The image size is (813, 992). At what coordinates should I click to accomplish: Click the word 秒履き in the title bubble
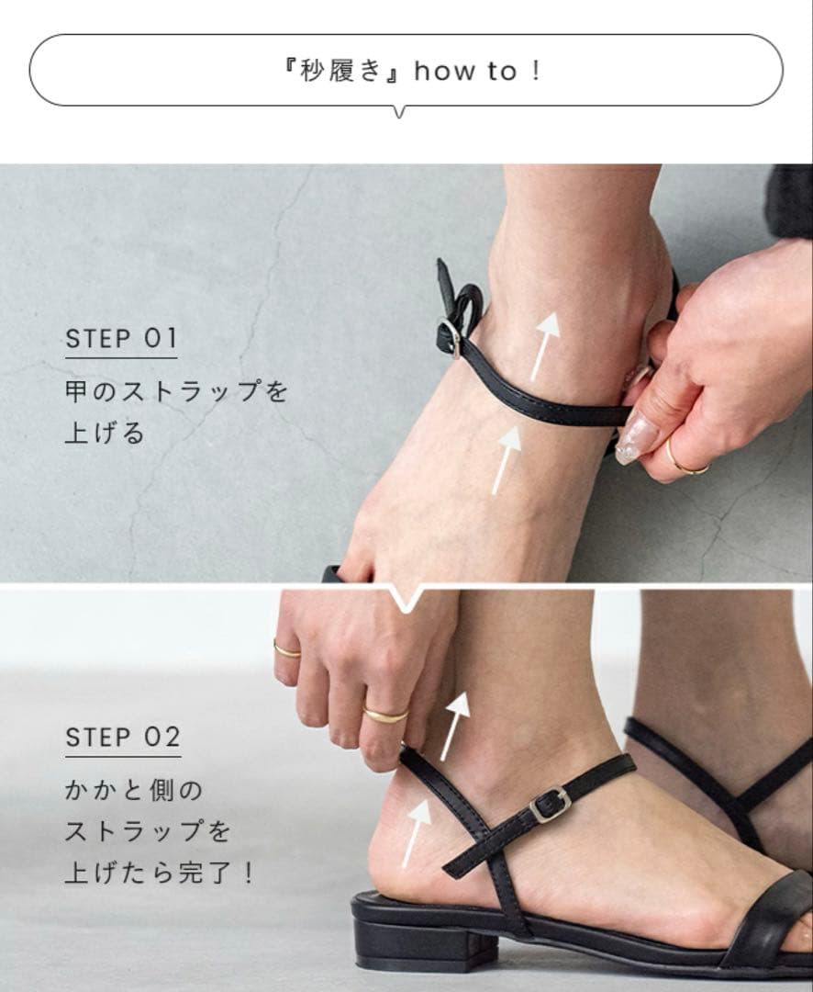340,71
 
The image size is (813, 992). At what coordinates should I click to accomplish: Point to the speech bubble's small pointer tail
399,112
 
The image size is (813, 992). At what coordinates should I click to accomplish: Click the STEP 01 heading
121,338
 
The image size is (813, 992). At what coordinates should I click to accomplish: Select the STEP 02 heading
123,737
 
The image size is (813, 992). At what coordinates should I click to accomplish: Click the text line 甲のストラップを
176,391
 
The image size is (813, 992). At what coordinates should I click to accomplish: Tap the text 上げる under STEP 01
105,434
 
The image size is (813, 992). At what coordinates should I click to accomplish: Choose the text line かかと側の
133,790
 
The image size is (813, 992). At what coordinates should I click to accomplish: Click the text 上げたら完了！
160,874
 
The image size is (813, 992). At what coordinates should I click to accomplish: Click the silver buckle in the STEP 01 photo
451,338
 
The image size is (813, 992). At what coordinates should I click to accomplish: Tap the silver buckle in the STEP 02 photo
550,805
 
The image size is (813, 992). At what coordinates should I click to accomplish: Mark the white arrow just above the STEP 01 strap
546,345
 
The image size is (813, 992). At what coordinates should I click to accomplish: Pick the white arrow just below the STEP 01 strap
507,460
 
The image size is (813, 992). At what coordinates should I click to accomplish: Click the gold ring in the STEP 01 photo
686,459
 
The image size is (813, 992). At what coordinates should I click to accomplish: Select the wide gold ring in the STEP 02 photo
385,715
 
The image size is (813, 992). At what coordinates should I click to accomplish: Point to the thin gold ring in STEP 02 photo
286,650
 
